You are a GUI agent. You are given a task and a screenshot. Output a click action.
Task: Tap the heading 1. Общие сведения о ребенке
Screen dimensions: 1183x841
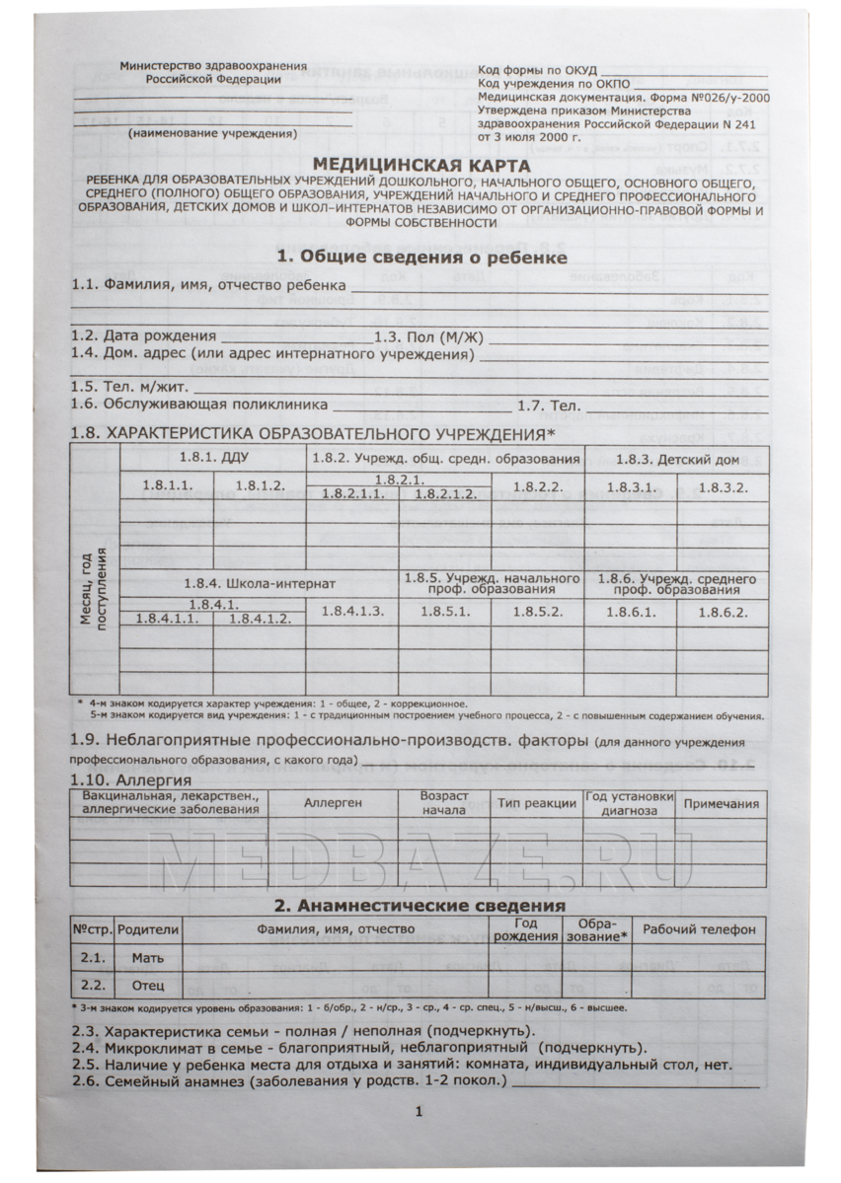pos(421,257)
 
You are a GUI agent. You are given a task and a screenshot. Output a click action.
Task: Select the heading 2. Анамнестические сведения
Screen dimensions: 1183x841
pos(419,904)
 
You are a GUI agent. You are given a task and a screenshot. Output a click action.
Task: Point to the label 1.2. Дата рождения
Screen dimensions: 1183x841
pos(143,335)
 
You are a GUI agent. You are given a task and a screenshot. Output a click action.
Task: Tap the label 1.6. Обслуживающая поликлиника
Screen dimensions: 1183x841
pos(198,405)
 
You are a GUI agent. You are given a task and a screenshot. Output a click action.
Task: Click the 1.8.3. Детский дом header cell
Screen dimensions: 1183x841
pos(677,459)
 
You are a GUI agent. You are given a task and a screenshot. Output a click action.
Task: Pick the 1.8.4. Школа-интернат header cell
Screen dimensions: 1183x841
pos(261,582)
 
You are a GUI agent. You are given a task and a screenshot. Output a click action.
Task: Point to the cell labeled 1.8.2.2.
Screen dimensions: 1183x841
pos(538,486)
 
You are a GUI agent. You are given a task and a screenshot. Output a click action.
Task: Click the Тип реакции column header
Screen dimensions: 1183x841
pos(536,804)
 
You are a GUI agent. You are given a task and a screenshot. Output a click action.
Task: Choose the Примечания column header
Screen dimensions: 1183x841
pos(722,804)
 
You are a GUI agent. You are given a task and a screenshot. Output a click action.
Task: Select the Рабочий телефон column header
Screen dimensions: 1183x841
pos(699,929)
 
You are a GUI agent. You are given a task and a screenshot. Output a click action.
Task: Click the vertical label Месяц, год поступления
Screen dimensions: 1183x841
pos(95,588)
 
